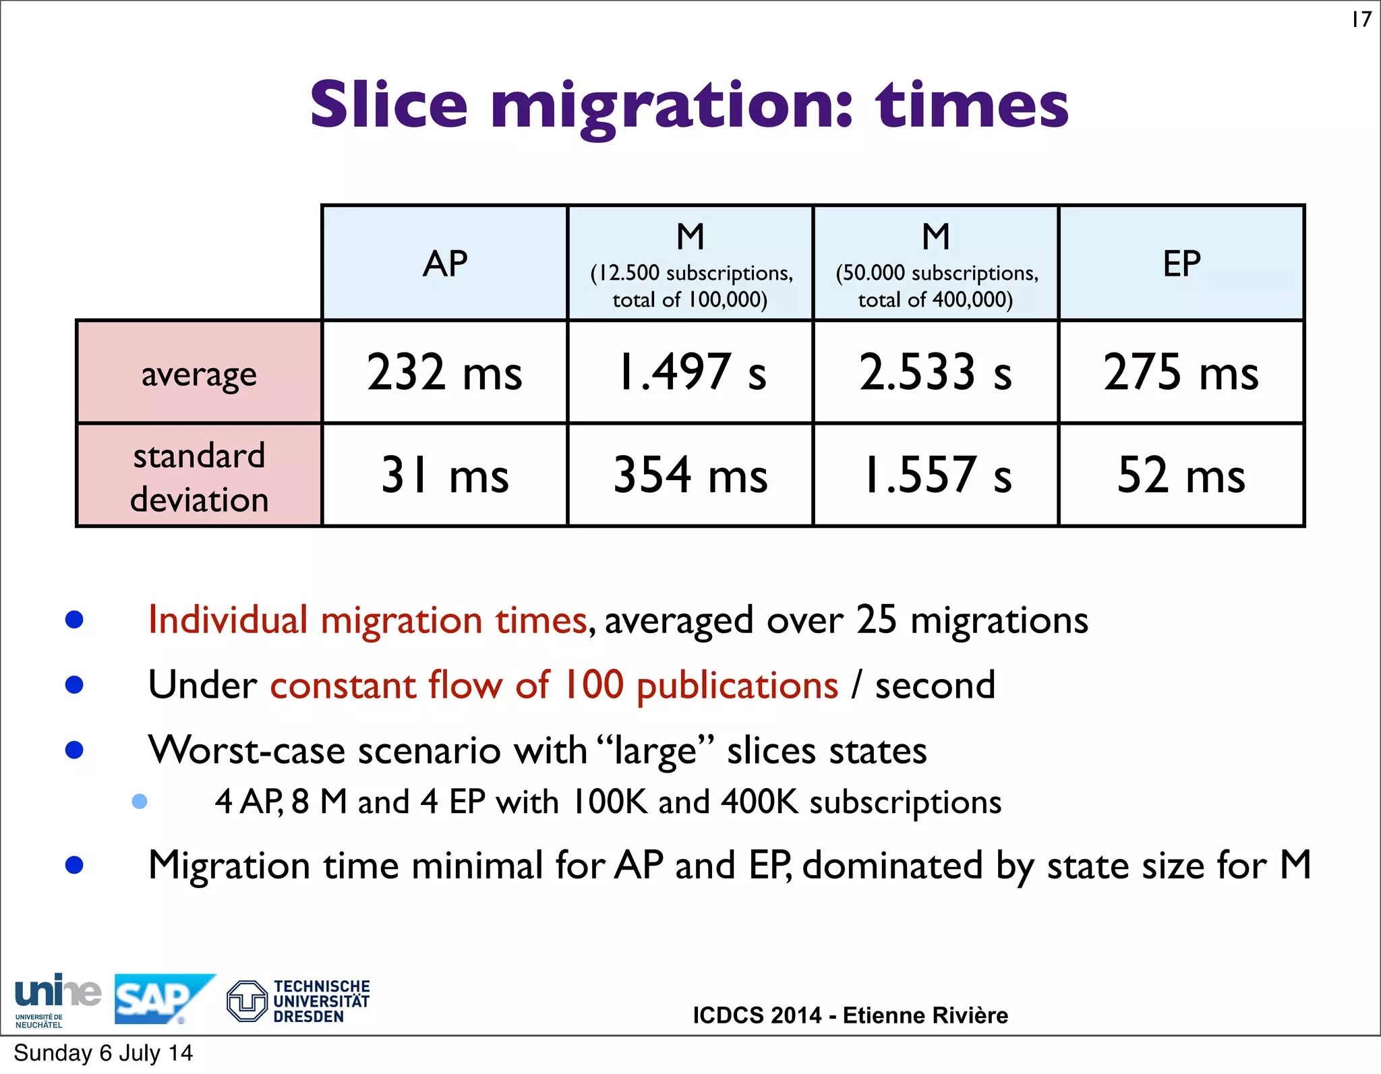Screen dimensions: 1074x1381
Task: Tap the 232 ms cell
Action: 445,372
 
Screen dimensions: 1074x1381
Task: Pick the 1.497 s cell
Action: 690,372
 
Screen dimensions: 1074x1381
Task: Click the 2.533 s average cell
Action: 935,372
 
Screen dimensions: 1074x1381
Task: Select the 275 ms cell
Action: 1181,372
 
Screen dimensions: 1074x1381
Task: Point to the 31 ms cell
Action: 445,475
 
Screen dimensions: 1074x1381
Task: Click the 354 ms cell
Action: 690,475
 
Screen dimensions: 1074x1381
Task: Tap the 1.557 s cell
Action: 935,475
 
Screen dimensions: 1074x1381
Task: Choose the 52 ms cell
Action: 1181,475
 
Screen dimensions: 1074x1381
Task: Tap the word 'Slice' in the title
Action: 388,105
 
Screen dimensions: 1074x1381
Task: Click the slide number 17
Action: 1361,19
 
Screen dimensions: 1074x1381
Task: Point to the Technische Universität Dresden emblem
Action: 247,1001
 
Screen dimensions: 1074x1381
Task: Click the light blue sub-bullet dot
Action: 140,801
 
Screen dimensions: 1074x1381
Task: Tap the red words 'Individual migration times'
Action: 368,620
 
